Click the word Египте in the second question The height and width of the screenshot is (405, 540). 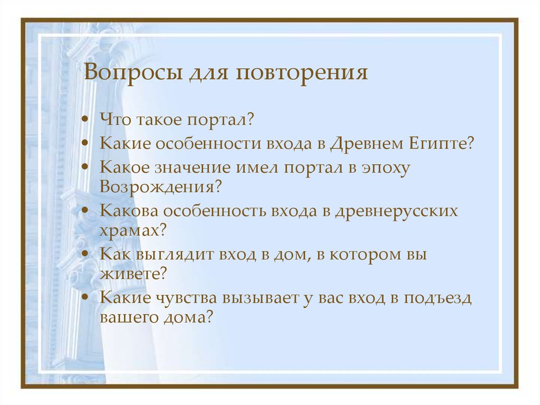(441, 144)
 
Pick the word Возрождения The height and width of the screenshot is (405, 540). (156, 187)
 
